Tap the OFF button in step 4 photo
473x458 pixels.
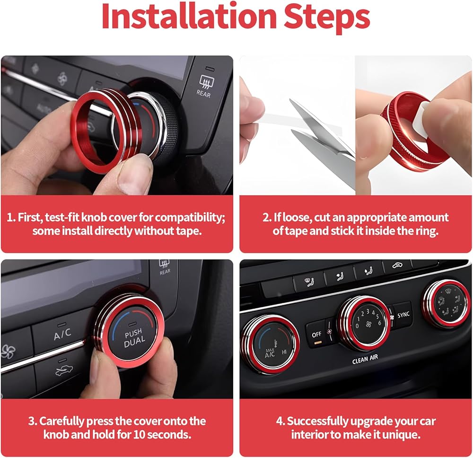317,335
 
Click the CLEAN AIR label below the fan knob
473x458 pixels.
365,359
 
